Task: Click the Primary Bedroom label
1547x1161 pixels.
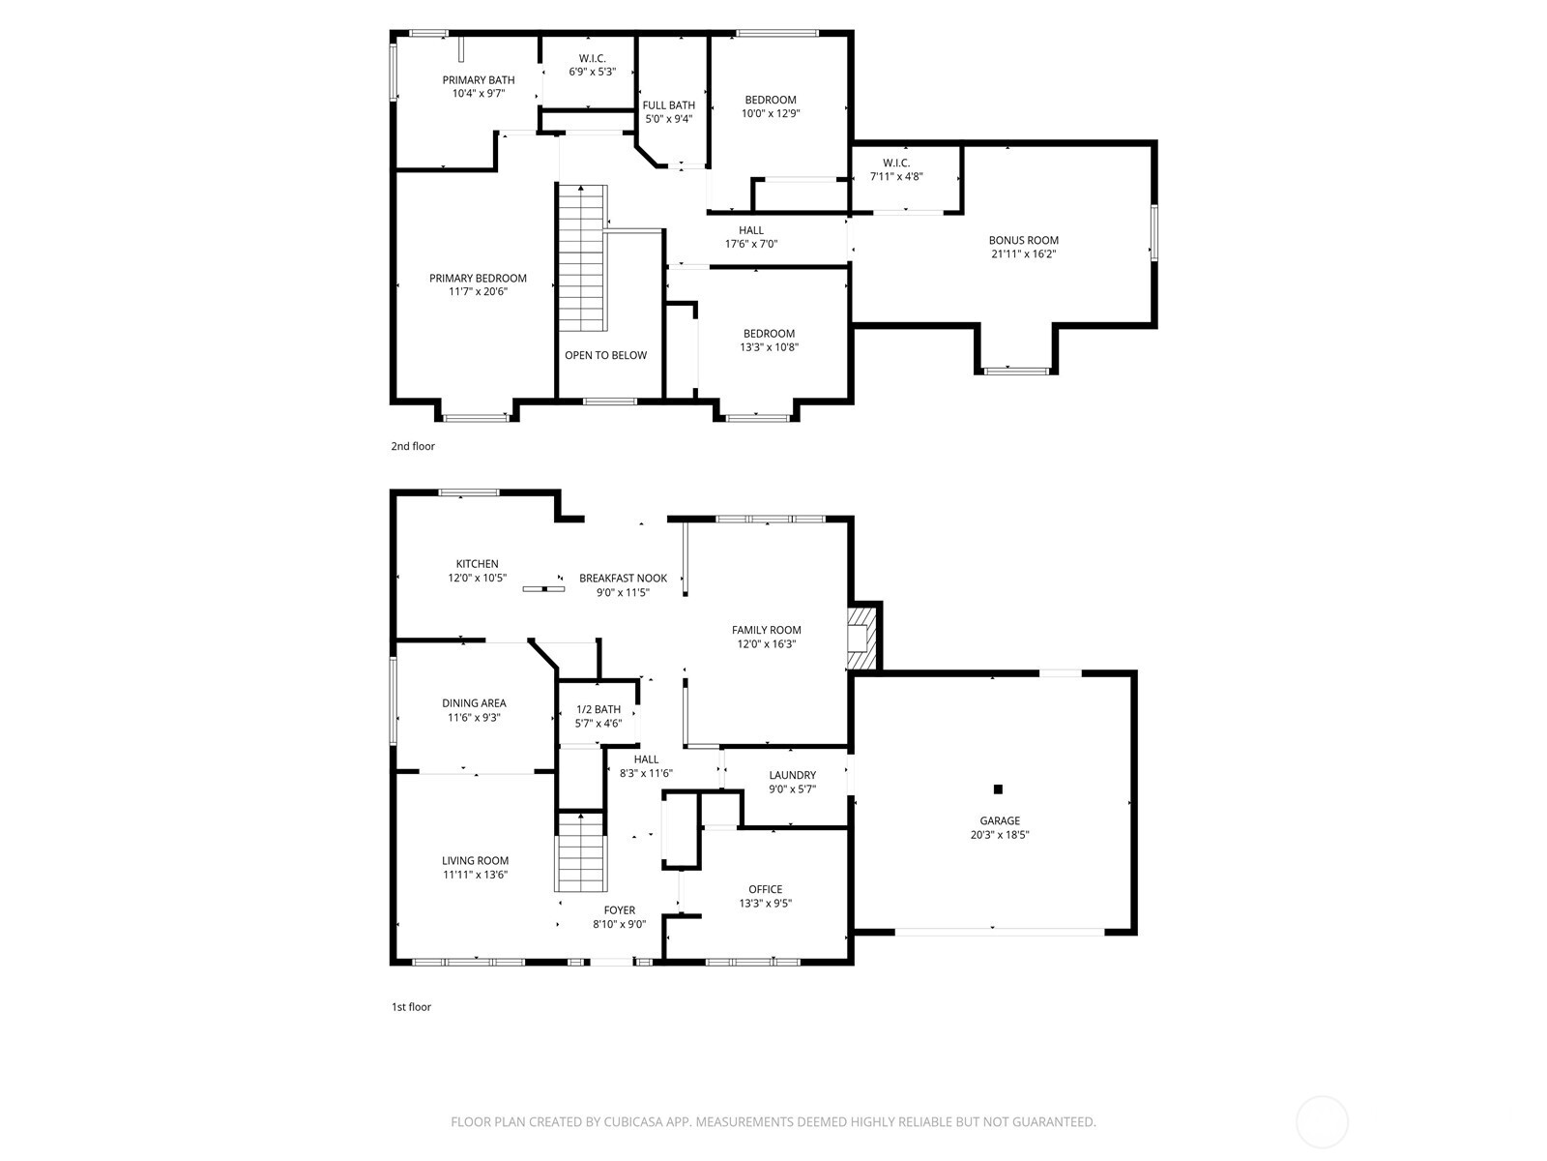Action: coord(478,279)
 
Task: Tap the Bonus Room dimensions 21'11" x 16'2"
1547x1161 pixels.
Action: coord(1023,254)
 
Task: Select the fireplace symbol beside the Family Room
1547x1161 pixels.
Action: coord(860,636)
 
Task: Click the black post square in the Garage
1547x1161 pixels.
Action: coord(999,789)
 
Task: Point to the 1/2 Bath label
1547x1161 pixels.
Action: coord(598,709)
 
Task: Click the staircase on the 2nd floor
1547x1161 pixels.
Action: coord(582,256)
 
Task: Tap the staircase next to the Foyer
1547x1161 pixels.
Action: coord(581,852)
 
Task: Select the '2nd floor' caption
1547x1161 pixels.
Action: coord(413,446)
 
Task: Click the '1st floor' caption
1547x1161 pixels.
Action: coord(411,1007)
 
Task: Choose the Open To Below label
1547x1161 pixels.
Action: coord(606,355)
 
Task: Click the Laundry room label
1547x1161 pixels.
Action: coord(792,775)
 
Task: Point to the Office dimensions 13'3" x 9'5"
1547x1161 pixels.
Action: coord(765,904)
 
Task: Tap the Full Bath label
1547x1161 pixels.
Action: coord(669,105)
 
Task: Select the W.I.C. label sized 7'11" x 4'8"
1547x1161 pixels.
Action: coord(896,163)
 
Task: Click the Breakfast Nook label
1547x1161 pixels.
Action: coord(623,579)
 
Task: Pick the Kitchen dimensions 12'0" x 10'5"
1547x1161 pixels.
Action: coord(477,578)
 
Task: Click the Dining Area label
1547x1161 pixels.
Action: coord(474,703)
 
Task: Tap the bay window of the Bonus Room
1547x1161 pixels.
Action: coord(1015,369)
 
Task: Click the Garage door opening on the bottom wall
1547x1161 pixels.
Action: coord(999,931)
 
